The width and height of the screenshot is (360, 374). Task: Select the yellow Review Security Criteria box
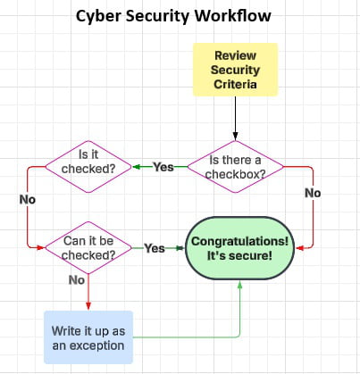(x=235, y=69)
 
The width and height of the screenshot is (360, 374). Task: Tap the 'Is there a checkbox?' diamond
(x=236, y=167)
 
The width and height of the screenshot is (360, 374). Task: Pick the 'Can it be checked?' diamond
(x=88, y=247)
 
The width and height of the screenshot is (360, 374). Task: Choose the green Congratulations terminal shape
(x=241, y=248)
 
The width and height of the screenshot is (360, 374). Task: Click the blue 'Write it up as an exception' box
(x=88, y=337)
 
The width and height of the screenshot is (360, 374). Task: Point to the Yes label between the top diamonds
(x=163, y=167)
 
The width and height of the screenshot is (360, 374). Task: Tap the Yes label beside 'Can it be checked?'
(x=155, y=248)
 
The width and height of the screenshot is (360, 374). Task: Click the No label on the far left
(x=27, y=200)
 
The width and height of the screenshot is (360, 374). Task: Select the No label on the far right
(x=312, y=192)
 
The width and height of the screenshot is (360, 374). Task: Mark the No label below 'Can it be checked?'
(x=77, y=279)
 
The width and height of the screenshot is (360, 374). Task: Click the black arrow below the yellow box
(x=236, y=116)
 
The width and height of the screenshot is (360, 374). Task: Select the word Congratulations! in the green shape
(x=241, y=240)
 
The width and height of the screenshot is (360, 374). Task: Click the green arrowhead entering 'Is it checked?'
(x=136, y=167)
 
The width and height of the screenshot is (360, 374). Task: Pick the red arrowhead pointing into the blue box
(x=88, y=306)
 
